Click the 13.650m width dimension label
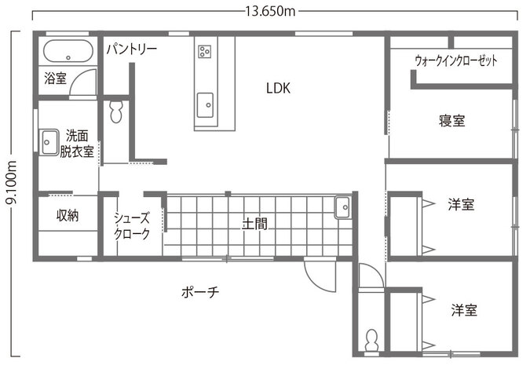pyautogui.click(x=270, y=11)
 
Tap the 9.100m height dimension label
pyautogui.click(x=12, y=183)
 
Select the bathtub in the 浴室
pyautogui.click(x=68, y=51)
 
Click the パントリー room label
pyautogui.click(x=131, y=49)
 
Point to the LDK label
pyautogui.click(x=278, y=88)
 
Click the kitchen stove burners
pyautogui.click(x=204, y=52)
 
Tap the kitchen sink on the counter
pyautogui.click(x=205, y=105)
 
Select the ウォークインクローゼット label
pyautogui.click(x=456, y=60)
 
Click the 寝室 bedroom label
pyautogui.click(x=452, y=121)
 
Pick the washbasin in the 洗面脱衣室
pyautogui.click(x=49, y=142)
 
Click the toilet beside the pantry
pyautogui.click(x=115, y=111)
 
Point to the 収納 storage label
pyautogui.click(x=68, y=215)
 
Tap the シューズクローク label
pyautogui.click(x=132, y=226)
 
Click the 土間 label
pyautogui.click(x=254, y=224)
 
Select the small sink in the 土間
pyautogui.click(x=343, y=207)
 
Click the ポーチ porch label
pyautogui.click(x=200, y=291)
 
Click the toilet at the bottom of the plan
pyautogui.click(x=371, y=340)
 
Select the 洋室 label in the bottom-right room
pyautogui.click(x=464, y=310)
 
